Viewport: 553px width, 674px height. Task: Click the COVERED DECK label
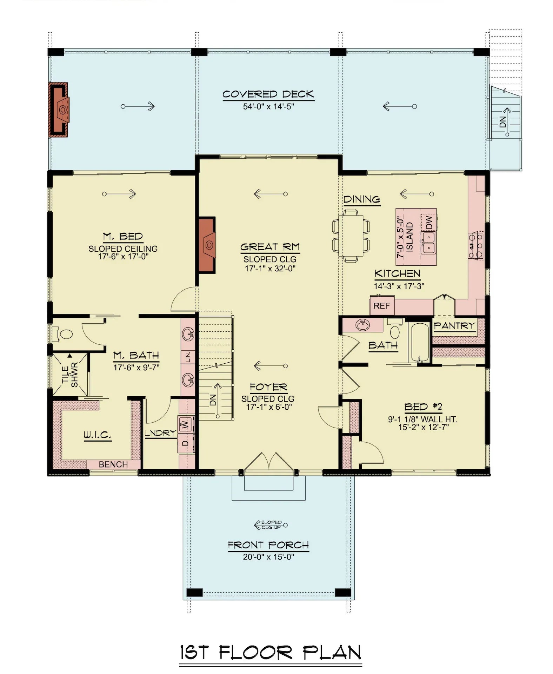click(x=268, y=94)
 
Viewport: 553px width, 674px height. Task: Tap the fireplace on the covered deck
click(x=60, y=109)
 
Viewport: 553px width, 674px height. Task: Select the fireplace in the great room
click(x=207, y=245)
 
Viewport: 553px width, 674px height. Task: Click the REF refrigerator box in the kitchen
click(x=382, y=306)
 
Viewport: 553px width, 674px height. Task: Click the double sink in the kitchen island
click(x=428, y=243)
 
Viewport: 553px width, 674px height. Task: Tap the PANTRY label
click(x=454, y=326)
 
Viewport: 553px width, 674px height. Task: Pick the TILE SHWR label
click(x=69, y=375)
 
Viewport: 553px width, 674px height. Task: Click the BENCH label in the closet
click(x=113, y=464)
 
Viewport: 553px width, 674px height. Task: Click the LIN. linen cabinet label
click(x=188, y=357)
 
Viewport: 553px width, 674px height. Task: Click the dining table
click(x=351, y=235)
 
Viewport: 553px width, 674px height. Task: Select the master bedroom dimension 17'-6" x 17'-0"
click(x=123, y=257)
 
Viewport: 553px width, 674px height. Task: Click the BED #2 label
click(x=423, y=407)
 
